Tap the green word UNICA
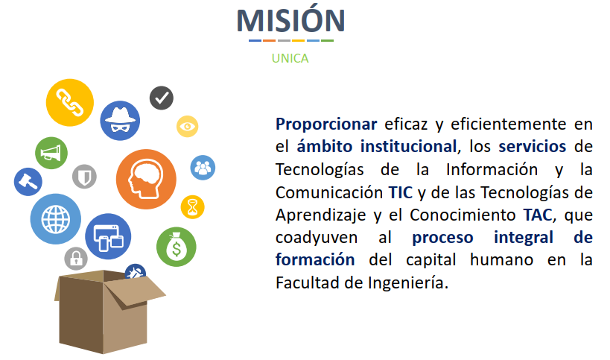[290, 58]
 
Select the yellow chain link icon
[69, 103]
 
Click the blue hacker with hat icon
[120, 121]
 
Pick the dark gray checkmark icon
[162, 98]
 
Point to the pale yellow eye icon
[188, 127]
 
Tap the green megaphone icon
[51, 153]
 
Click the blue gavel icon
[28, 182]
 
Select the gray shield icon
[84, 177]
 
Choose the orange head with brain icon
[146, 180]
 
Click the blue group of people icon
[203, 168]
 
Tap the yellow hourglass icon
[193, 207]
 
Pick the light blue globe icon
[56, 219]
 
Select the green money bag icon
[177, 247]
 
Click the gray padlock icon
[76, 259]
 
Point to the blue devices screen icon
[108, 236]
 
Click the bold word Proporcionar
[326, 124]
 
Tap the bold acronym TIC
[400, 192]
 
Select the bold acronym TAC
[538, 215]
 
